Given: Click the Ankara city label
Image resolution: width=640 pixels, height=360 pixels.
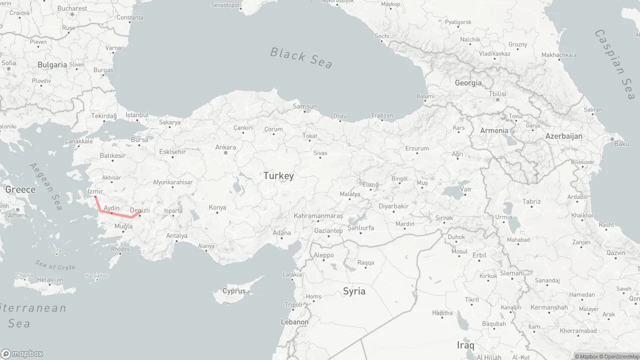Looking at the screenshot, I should click(225, 147).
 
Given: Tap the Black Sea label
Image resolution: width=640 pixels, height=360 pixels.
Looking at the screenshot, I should click(301, 57).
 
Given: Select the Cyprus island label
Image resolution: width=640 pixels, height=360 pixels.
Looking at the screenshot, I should click(234, 291).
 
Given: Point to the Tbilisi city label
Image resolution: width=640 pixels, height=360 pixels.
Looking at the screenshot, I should click(497, 94).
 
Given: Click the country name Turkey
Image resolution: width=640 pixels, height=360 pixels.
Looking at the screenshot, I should click(278, 176).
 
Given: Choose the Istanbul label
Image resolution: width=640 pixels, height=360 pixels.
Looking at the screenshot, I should click(137, 115).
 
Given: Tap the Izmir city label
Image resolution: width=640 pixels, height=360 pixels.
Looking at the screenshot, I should click(95, 191).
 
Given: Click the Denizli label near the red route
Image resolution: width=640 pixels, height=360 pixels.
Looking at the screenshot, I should click(139, 210).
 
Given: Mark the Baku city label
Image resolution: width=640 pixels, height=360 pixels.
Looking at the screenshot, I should click(621, 144).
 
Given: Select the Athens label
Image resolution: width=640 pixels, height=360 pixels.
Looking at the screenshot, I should click(18, 215).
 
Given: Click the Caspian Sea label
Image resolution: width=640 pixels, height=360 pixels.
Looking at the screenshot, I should click(615, 64).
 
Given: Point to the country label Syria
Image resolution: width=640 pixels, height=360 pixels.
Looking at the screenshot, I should click(354, 291).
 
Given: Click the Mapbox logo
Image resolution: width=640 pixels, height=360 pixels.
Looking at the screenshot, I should click(22, 353).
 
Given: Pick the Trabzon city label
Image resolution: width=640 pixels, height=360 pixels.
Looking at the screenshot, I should click(382, 115).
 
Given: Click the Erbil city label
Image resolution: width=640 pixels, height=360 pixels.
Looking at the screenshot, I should click(479, 255).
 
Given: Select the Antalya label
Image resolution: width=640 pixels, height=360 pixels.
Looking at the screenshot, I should click(176, 235).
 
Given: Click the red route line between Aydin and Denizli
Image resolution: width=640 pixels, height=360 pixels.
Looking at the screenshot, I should click(121, 215).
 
